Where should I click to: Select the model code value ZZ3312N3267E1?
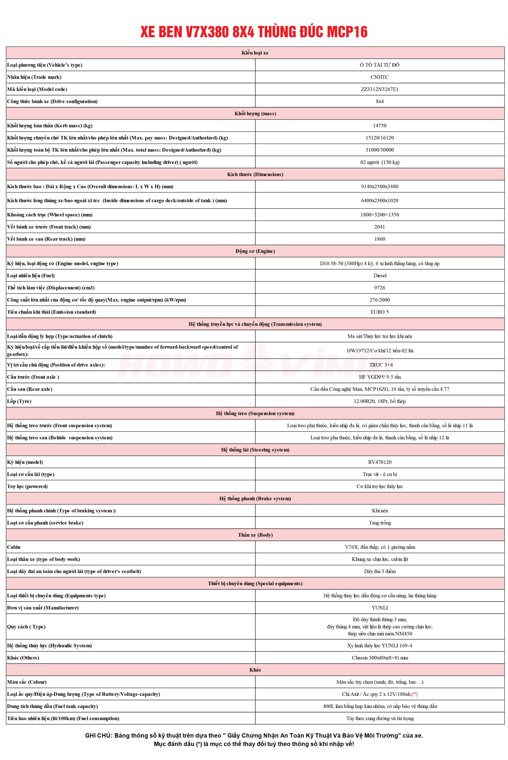tap(380, 89)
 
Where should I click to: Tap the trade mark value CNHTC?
tap(380, 77)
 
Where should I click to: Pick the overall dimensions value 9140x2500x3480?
tap(380, 186)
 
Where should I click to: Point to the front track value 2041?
tap(380, 227)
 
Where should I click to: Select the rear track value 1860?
tap(380, 239)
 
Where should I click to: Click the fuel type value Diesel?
tap(380, 275)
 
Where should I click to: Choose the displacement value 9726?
tap(380, 288)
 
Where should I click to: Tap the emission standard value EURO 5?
tap(380, 312)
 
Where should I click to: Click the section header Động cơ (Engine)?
tap(255, 251)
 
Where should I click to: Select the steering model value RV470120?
tap(380, 462)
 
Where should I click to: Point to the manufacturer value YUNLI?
tap(380, 608)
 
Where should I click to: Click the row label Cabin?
tap(14, 547)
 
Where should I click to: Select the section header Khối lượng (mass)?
tap(255, 113)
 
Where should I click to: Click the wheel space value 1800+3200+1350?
tap(380, 215)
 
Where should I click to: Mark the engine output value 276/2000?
tap(380, 300)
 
